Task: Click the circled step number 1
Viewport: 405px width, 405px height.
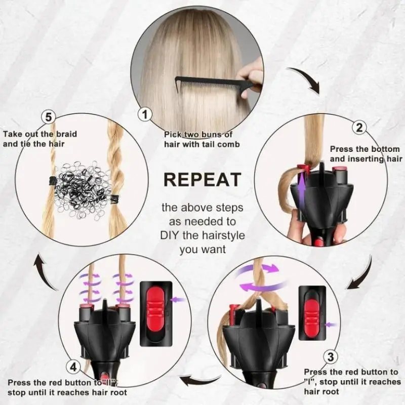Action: [x=145, y=114]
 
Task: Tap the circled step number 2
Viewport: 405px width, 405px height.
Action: [x=359, y=128]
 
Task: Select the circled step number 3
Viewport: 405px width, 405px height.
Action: [x=331, y=357]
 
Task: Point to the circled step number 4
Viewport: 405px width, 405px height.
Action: [x=73, y=367]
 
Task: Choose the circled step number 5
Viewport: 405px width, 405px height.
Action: [x=49, y=117]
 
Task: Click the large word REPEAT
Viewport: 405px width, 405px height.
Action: [x=202, y=180]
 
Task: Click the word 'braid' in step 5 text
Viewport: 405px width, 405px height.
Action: [x=67, y=134]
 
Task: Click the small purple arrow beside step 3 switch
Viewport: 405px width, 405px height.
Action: [x=331, y=325]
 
